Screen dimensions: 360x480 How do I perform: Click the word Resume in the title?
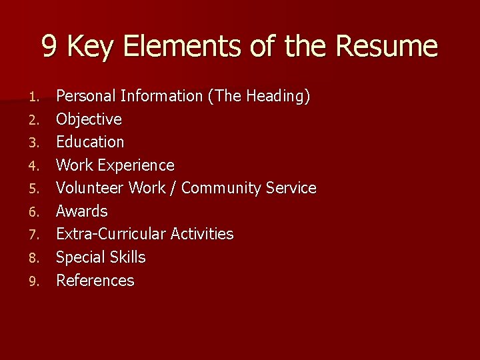[387, 47]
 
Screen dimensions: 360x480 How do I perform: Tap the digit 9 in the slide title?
[49, 47]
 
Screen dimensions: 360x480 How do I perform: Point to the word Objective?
[89, 119]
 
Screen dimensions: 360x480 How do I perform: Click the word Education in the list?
[90, 142]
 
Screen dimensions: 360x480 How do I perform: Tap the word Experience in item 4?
[143, 165]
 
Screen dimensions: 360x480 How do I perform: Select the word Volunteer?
[90, 188]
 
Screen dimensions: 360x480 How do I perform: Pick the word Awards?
[81, 211]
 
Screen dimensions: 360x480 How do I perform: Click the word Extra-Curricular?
[111, 234]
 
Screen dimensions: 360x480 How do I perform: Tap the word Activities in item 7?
[202, 234]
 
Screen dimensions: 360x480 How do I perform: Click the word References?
[95, 281]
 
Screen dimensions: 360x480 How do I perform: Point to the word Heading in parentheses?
[277, 97]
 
